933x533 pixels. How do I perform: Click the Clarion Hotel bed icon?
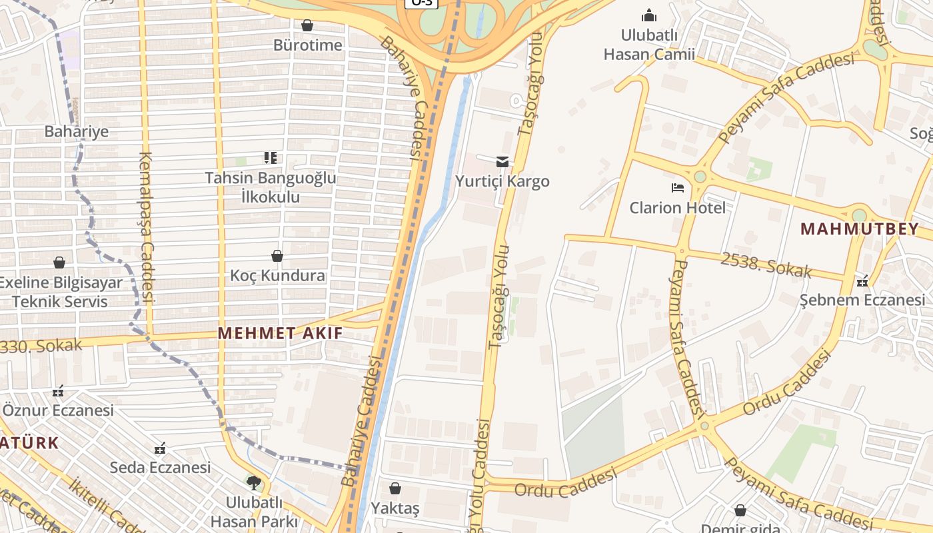coord(678,188)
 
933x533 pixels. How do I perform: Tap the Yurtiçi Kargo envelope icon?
coord(502,161)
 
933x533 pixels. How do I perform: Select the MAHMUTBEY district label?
coord(859,229)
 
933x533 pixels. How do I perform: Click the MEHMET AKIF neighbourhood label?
coord(281,333)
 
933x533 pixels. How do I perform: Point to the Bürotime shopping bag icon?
coord(307,25)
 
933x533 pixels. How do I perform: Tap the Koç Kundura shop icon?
coord(277,256)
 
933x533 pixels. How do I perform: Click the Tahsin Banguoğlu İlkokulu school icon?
coord(270,158)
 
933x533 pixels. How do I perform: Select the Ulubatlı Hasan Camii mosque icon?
coord(648,15)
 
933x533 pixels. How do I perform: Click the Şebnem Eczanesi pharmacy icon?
coord(863,280)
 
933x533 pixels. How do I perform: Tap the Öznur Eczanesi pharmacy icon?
coord(59,390)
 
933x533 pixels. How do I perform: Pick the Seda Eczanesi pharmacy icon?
coord(160,448)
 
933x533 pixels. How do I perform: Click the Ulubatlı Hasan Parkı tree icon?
coord(253,482)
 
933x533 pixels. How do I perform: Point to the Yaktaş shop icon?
coord(395,488)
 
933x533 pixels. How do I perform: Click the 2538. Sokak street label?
coord(766,265)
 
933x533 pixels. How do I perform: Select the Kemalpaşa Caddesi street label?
coord(147,227)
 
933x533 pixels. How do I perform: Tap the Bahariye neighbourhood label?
coord(76,131)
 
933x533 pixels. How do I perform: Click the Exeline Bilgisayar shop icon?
coord(59,263)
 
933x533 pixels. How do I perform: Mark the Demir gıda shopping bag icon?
coord(740,511)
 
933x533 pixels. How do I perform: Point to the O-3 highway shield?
coord(422,2)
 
